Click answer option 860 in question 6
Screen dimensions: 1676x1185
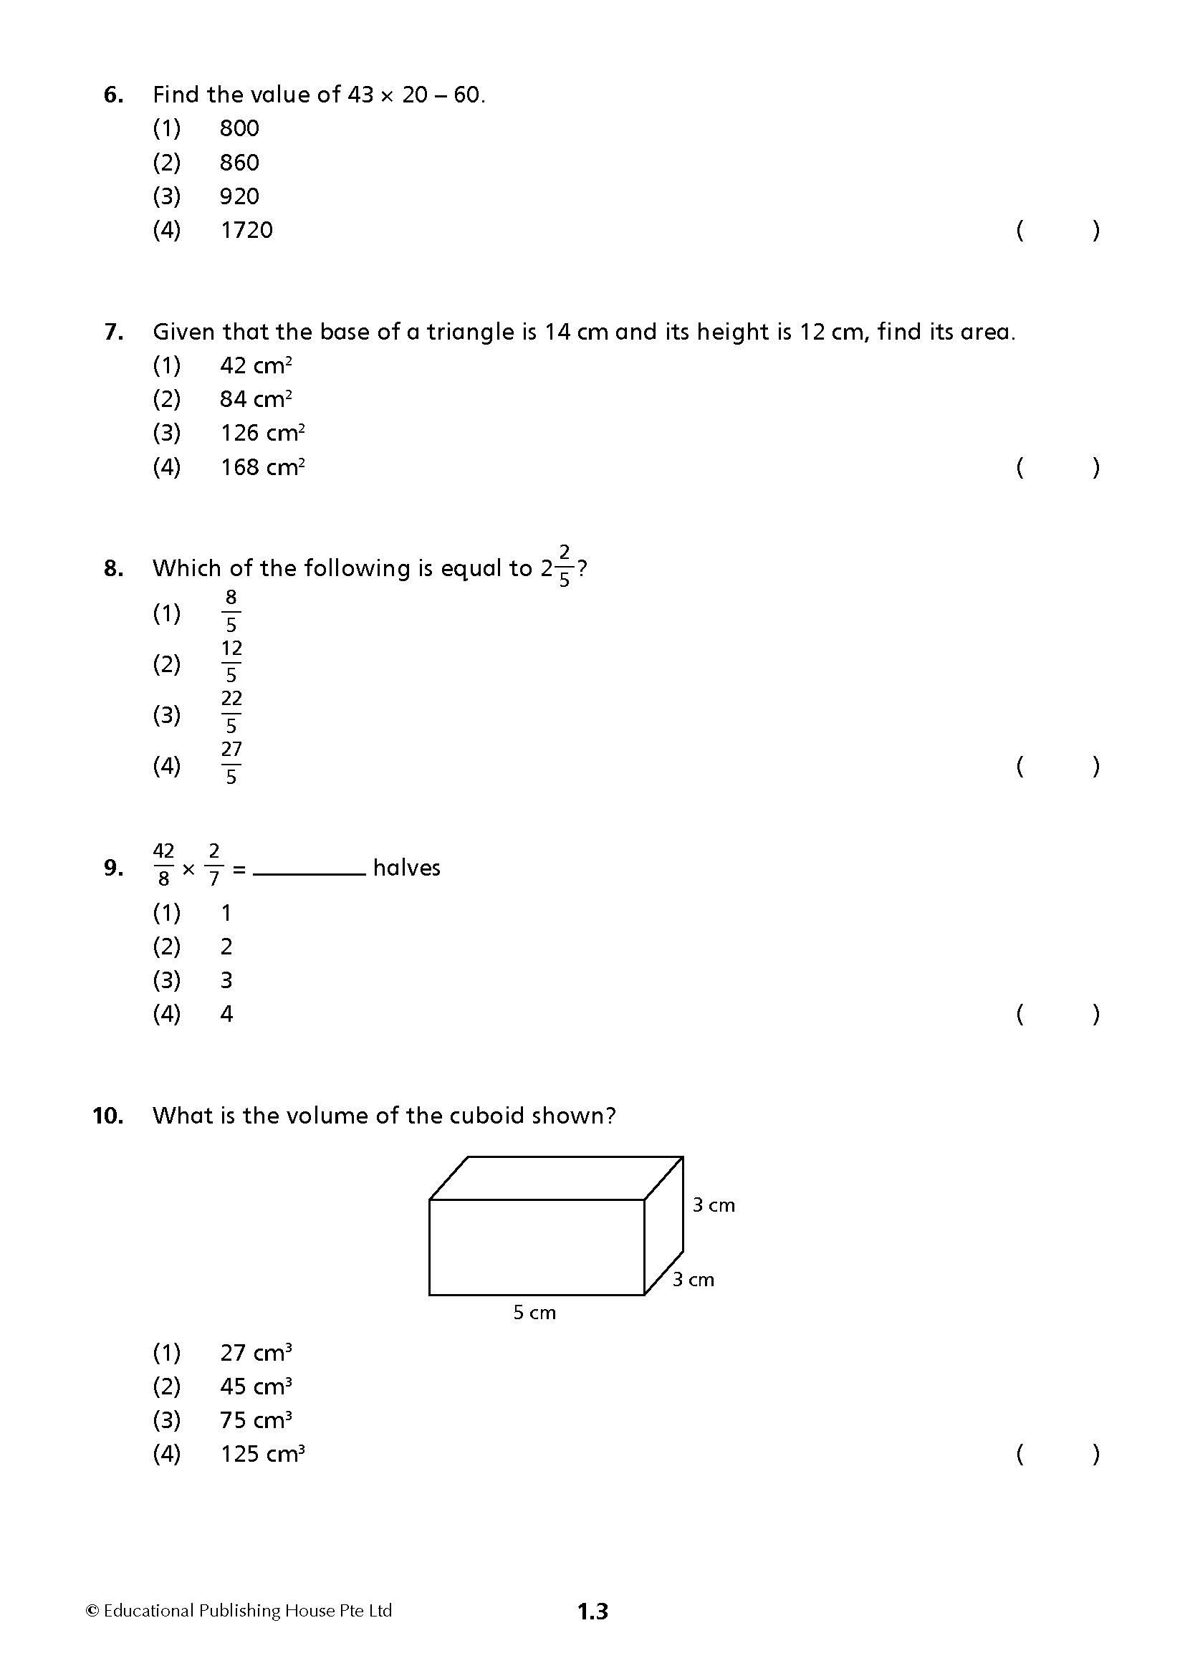239,162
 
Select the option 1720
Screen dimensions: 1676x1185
246,230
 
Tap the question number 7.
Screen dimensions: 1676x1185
113,332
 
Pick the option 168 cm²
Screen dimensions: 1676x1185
262,466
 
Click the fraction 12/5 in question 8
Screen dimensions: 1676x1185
231,661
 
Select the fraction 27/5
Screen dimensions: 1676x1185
231,763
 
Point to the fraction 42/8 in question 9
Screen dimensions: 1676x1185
163,865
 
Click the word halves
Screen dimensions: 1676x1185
406,868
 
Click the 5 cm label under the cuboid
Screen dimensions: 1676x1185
534,1313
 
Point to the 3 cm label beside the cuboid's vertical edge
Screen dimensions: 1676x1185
714,1205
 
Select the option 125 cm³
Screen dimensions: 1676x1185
262,1453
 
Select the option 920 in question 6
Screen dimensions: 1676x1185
239,196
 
